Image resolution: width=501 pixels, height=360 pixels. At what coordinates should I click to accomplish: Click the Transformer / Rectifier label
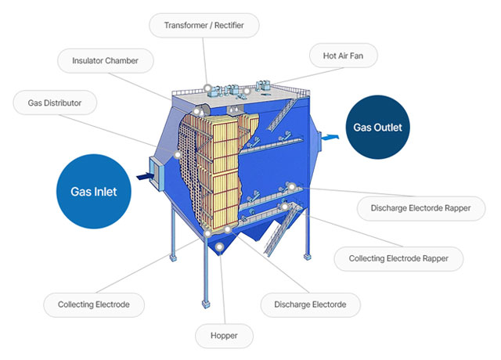(x=204, y=26)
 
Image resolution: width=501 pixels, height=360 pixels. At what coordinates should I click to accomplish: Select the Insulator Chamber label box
(x=106, y=60)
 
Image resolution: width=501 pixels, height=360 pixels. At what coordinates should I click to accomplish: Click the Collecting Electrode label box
(x=94, y=304)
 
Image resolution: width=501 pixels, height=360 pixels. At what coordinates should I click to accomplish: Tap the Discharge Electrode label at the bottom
(x=305, y=304)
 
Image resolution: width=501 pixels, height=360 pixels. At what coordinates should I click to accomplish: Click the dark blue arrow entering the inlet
(x=142, y=178)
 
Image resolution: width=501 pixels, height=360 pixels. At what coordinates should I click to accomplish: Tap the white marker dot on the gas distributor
(x=179, y=154)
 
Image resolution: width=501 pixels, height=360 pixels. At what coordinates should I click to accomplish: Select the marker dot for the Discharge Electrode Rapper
(x=291, y=186)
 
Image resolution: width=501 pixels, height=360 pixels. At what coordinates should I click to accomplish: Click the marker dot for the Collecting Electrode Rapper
(x=285, y=206)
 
